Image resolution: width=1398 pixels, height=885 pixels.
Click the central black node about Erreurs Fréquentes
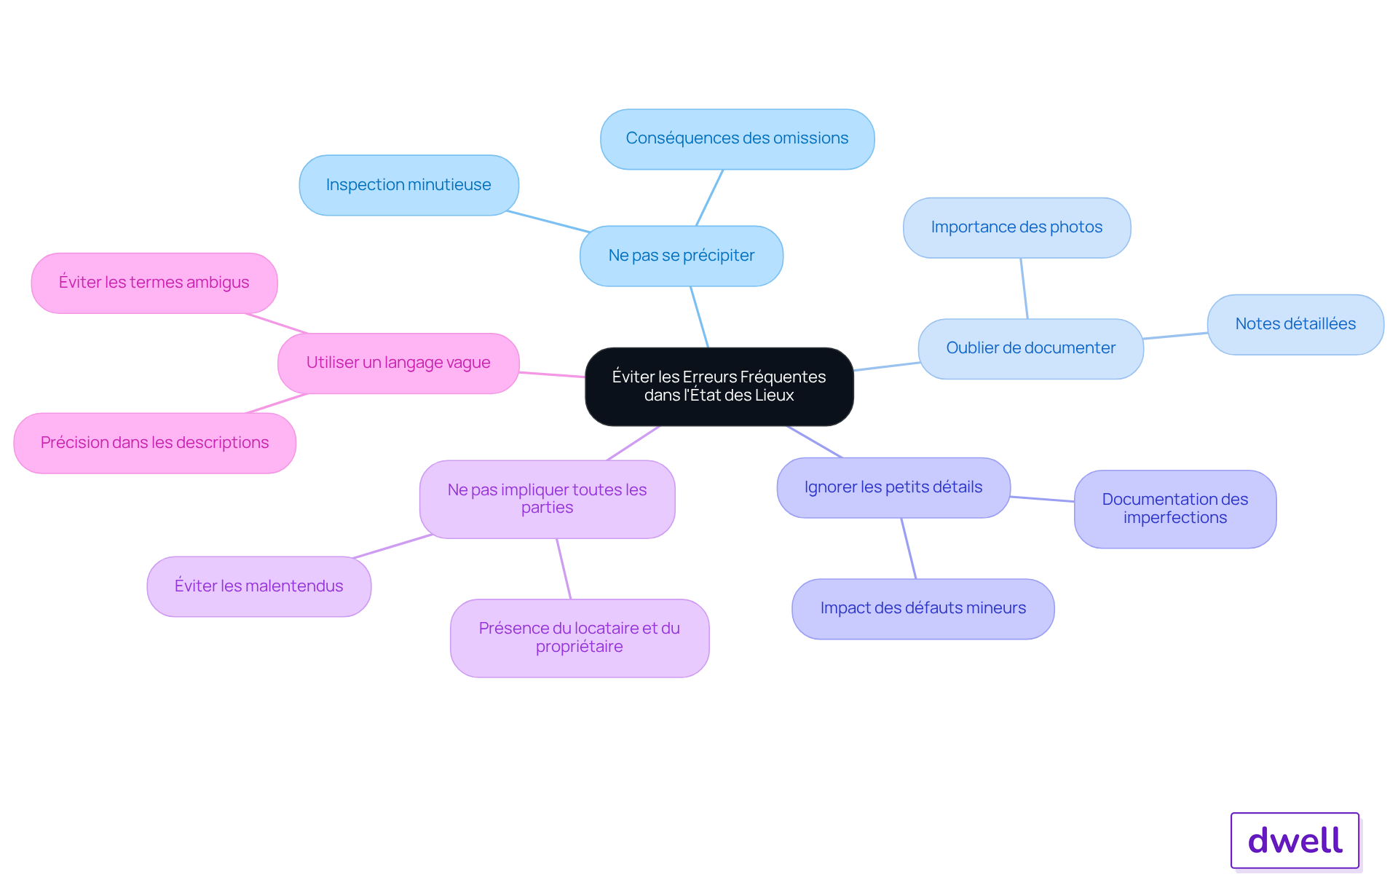coord(719,386)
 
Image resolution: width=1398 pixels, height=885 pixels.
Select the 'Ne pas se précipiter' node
coord(681,256)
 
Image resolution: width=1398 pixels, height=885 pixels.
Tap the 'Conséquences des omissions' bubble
coord(737,139)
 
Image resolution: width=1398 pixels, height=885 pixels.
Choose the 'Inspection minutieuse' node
coord(408,185)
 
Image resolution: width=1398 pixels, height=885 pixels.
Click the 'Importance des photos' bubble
coord(1016,227)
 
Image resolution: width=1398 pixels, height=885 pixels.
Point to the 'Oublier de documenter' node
coord(1030,348)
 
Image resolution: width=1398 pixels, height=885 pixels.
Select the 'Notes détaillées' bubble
coord(1295,324)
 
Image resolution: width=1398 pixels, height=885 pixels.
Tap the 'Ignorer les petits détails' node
coord(893,487)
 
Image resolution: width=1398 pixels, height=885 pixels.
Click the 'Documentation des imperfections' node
coord(1174,508)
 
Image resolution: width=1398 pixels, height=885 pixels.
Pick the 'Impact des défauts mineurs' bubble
coord(923,608)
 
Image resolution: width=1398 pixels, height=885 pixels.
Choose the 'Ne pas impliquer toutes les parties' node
coord(547,499)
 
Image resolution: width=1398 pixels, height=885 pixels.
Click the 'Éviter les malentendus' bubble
coord(258,586)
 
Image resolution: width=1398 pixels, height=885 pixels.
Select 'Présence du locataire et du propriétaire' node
coord(579,637)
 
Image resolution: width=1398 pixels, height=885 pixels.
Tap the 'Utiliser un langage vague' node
coord(398,363)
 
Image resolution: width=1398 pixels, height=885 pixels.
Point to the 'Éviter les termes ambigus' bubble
coord(154,283)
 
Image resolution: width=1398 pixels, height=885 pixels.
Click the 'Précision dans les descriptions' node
coord(154,443)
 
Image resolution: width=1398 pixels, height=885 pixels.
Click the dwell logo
coord(1295,841)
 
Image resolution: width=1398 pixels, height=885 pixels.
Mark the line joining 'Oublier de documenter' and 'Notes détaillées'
coord(1175,336)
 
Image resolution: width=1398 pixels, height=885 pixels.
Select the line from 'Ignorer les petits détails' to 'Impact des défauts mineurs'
coord(909,548)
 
